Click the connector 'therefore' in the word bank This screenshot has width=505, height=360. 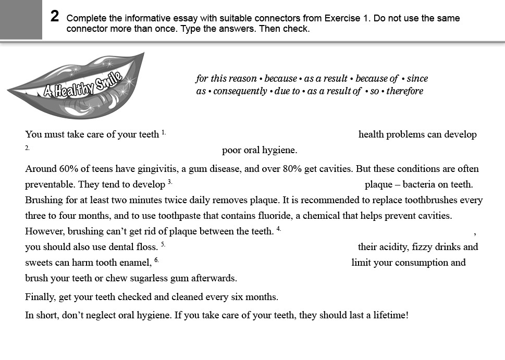404,91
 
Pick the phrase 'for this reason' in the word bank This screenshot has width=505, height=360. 226,79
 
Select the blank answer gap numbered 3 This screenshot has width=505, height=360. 268,184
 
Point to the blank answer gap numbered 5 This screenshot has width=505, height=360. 261,247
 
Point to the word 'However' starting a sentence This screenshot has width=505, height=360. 42,231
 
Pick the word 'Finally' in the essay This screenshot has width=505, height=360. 40,297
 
